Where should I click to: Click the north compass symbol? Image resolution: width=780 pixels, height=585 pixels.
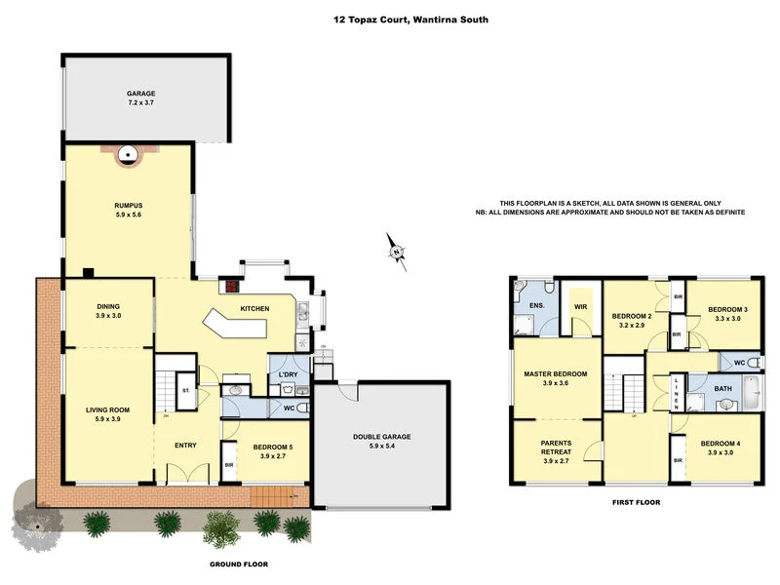(396, 253)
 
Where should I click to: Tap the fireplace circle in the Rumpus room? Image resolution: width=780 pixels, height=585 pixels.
(128, 153)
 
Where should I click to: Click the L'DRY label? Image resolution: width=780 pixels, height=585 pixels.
(289, 375)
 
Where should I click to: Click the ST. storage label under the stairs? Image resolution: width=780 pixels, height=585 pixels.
(185, 390)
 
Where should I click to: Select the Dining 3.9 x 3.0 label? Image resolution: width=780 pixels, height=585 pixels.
(108, 310)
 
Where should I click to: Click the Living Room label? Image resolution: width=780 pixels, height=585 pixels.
(107, 414)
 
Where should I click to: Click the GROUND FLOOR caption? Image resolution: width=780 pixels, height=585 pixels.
(239, 564)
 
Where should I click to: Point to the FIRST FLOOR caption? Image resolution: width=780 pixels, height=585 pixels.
(635, 503)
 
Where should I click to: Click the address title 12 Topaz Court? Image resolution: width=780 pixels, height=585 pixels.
(397, 19)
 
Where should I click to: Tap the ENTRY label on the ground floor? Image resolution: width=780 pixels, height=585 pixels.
(185, 446)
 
